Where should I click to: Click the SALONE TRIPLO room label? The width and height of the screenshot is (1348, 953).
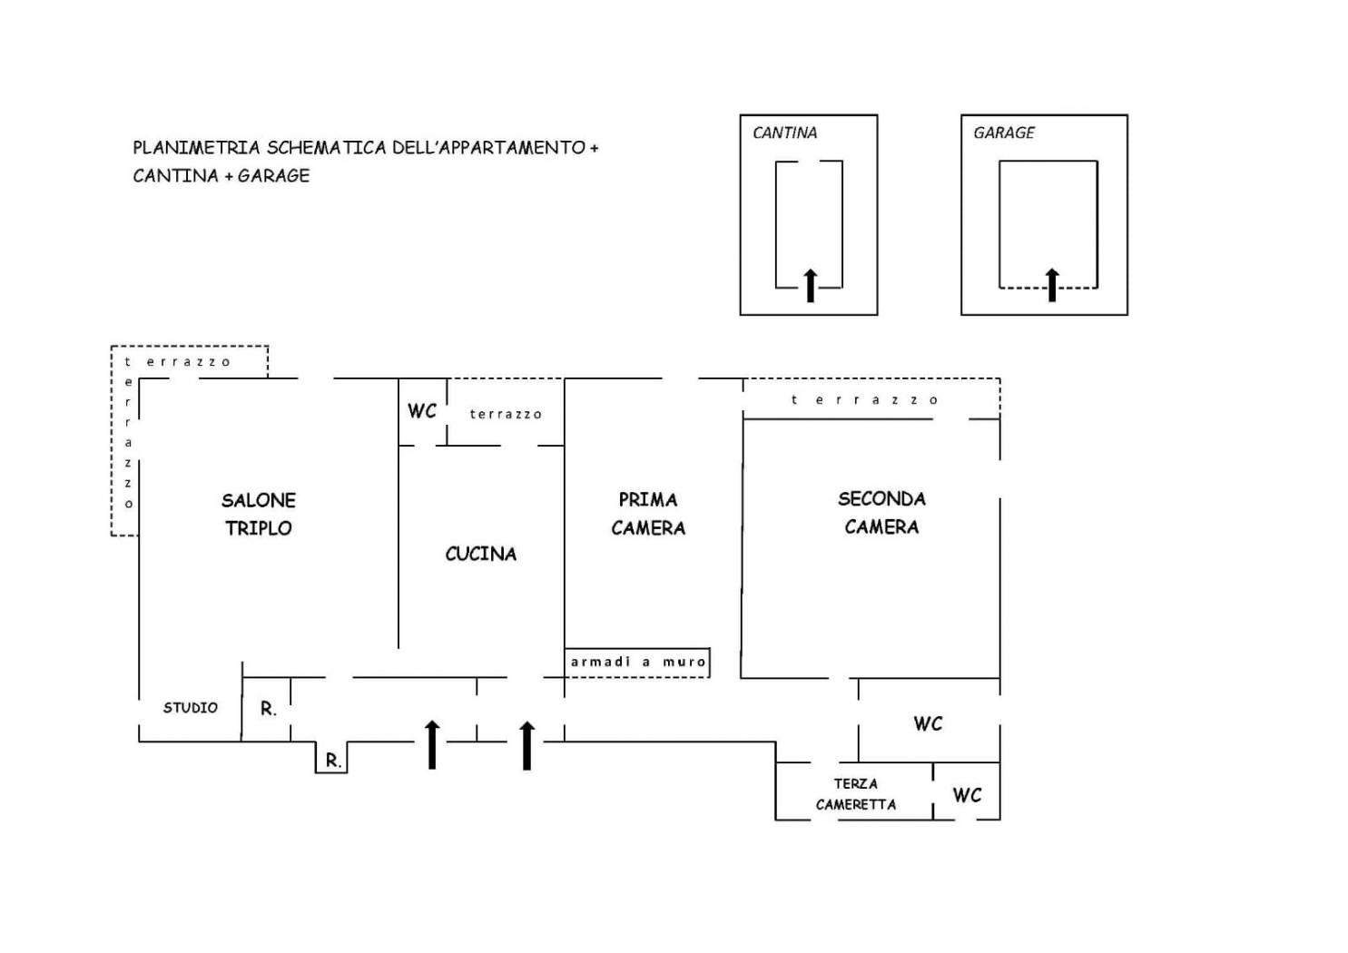tap(259, 515)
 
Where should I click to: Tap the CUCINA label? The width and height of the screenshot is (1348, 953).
tap(481, 555)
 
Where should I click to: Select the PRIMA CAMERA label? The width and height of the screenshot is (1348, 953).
tap(648, 514)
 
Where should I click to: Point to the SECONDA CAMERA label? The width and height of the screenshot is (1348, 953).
tap(881, 513)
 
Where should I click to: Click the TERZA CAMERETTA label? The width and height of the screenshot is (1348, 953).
tap(856, 794)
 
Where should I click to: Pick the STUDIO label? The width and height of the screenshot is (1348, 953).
tap(190, 708)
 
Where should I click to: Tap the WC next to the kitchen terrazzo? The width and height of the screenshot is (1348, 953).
tap(422, 411)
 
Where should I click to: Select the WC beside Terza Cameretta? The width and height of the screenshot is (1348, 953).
tap(967, 795)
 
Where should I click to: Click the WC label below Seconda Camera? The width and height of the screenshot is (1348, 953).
tap(928, 723)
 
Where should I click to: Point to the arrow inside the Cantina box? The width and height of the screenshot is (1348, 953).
tap(811, 285)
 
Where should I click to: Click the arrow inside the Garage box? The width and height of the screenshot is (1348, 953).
tap(1052, 285)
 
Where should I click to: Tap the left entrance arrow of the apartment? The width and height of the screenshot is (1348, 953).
tap(432, 744)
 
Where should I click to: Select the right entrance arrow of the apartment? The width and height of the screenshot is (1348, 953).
tap(527, 745)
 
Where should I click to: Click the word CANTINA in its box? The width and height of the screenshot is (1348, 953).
tap(784, 133)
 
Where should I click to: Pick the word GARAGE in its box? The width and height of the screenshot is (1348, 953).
tap(1004, 133)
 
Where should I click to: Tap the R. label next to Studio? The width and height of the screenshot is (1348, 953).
tap(269, 709)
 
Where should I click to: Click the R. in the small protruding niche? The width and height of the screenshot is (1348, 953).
tap(334, 761)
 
